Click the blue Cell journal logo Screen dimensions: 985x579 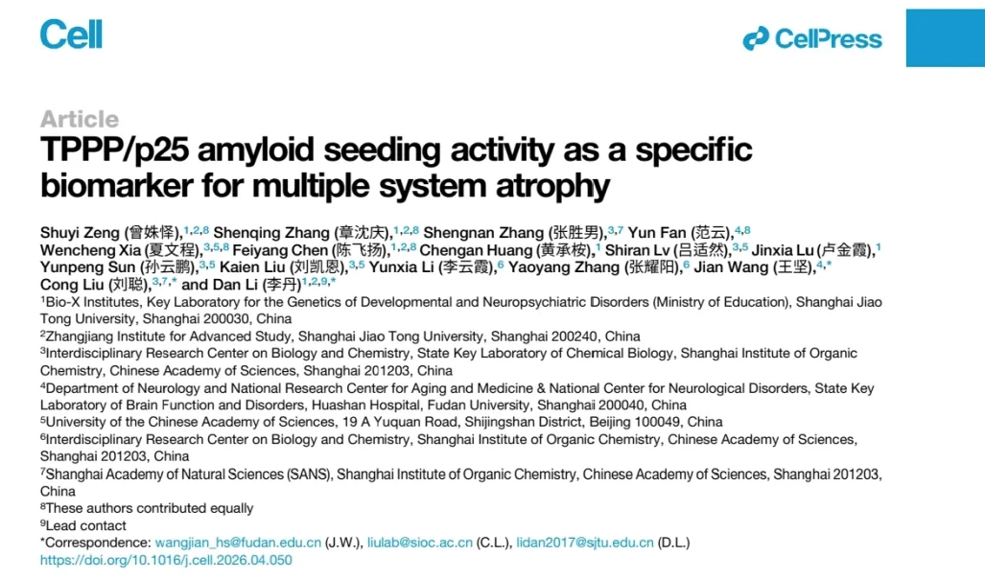pyautogui.click(x=71, y=34)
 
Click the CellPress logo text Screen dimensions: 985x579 pyautogui.click(x=828, y=39)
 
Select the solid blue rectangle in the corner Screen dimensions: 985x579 pyautogui.click(x=946, y=37)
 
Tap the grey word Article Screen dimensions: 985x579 pyautogui.click(x=80, y=119)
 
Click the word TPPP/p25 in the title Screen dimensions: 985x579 pyautogui.click(x=114, y=151)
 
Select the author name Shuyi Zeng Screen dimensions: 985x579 pyautogui.click(x=80, y=233)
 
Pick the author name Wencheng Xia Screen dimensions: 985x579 pyautogui.click(x=90, y=250)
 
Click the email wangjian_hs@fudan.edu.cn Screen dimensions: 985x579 pyautogui.click(x=238, y=543)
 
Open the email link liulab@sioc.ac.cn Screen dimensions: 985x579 pyautogui.click(x=420, y=543)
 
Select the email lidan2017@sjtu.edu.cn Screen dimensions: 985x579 pyautogui.click(x=585, y=543)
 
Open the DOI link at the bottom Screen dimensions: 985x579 pyautogui.click(x=166, y=560)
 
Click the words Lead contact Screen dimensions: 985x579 pyautogui.click(x=85, y=525)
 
